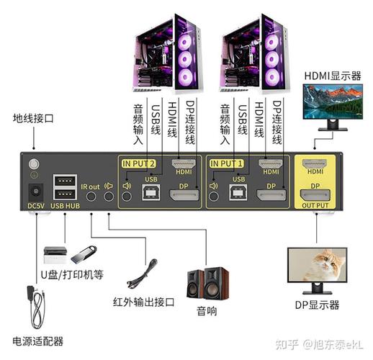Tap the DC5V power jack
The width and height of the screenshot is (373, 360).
pyautogui.click(x=33, y=192)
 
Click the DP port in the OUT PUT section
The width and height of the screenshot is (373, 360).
pyautogui.click(x=315, y=194)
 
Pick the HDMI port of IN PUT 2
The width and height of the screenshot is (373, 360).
pyautogui.click(x=184, y=163)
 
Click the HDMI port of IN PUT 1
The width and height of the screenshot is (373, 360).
pyautogui.click(x=271, y=163)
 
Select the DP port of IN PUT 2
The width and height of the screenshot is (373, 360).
pyautogui.click(x=184, y=194)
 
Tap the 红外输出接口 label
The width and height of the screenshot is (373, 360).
pyautogui.click(x=143, y=302)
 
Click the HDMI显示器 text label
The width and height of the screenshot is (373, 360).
pyautogui.click(x=332, y=75)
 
